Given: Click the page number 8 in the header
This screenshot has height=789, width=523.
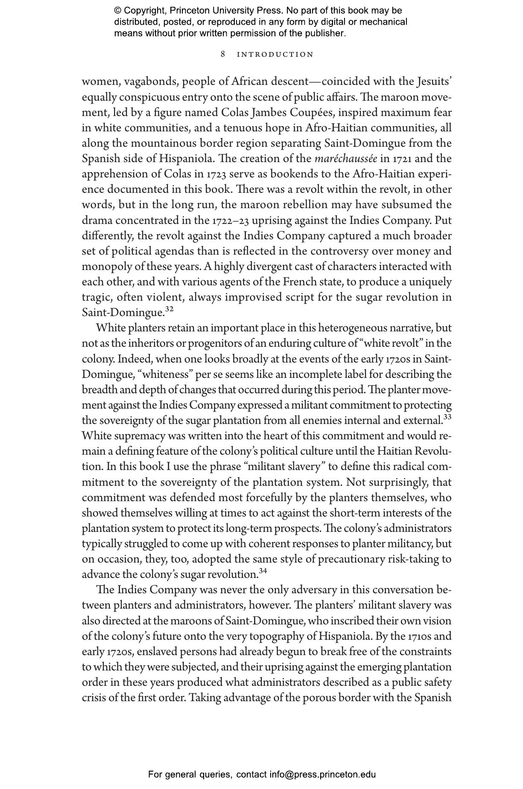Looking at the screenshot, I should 223,54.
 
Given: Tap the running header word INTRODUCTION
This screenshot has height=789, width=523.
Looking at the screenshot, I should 275,55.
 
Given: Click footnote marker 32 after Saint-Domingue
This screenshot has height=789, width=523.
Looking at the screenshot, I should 169,309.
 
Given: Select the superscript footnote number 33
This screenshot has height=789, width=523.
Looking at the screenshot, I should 447,417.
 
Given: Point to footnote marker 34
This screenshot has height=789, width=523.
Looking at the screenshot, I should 263,571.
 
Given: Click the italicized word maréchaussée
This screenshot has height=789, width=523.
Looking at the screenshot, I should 346,159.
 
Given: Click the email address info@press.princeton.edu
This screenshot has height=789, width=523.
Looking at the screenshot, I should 322,774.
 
